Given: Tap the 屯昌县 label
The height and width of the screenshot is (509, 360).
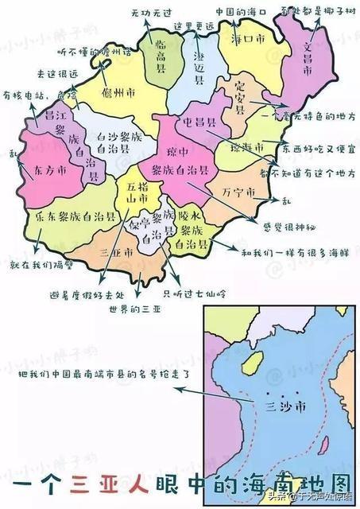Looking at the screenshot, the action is tap(200, 123).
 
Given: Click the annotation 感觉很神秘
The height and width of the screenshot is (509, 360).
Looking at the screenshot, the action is tap(288, 226).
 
